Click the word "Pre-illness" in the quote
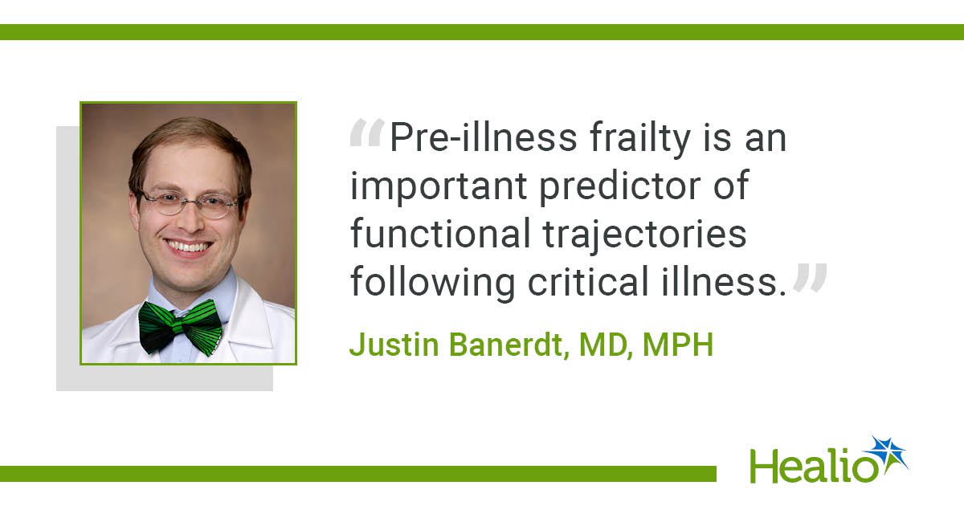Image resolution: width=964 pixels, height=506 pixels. click(x=484, y=137)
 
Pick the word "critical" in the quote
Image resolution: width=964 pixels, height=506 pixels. click(x=588, y=281)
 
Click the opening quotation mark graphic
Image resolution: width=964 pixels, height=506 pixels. click(x=367, y=133)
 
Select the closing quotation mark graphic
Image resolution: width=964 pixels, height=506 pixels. click(x=810, y=278)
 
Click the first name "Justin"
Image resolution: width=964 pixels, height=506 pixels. click(x=394, y=345)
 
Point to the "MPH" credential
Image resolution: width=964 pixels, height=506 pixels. click(x=678, y=345)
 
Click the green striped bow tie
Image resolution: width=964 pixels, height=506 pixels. click(x=181, y=328)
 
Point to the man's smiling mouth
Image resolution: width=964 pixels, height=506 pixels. click(x=189, y=247)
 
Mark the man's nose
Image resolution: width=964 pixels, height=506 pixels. click(x=190, y=219)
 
